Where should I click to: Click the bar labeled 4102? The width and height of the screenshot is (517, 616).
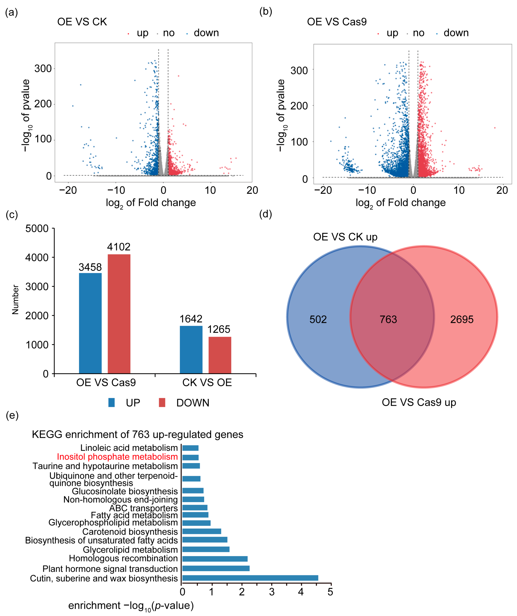[119, 314]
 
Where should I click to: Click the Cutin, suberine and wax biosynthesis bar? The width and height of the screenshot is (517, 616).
[250, 578]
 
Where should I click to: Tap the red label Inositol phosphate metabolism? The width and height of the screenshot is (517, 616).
[117, 457]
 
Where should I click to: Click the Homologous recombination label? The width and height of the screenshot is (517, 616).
[123, 558]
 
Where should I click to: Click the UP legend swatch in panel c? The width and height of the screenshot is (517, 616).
[111, 403]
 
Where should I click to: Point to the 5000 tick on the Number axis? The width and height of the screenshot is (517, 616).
[37, 228]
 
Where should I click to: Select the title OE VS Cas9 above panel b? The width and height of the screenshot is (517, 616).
[337, 22]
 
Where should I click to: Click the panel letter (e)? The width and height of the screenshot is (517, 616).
[12, 415]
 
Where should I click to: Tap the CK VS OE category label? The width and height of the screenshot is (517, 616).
[207, 382]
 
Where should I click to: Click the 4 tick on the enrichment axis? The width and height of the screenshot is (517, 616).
[301, 592]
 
